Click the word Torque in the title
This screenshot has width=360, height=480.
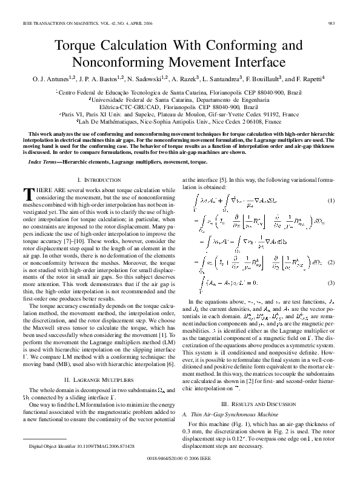pyautogui.click(x=81, y=46)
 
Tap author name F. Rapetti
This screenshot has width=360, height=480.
pyautogui.click(x=309, y=79)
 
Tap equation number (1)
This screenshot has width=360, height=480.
pyautogui.click(x=331, y=200)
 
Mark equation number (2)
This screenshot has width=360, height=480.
pyautogui.click(x=331, y=262)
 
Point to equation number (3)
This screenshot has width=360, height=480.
pyautogui.click(x=331, y=282)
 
